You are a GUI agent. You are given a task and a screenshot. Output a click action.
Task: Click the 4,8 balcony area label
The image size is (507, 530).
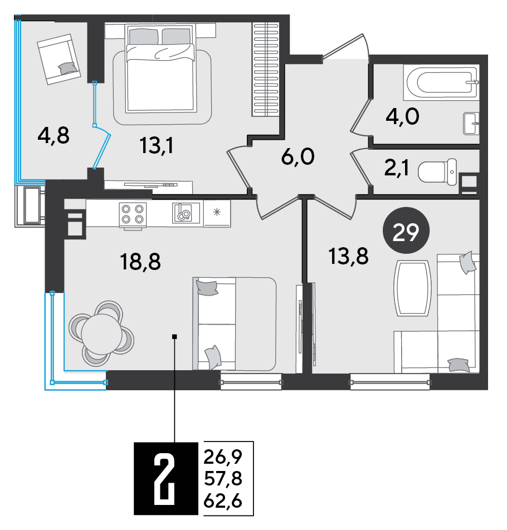(x=53, y=135)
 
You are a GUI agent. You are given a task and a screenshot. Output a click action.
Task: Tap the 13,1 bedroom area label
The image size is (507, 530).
(x=157, y=146)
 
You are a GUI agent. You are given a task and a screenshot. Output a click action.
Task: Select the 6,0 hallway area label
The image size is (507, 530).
(x=298, y=157)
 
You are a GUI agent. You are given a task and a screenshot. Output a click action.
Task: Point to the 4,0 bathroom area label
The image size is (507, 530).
(x=402, y=117)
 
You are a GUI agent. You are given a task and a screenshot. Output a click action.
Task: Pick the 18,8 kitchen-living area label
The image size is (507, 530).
(x=140, y=262)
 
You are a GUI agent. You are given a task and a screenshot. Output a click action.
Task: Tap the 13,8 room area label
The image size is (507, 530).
(x=348, y=256)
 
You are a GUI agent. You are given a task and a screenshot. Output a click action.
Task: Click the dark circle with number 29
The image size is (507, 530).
(x=406, y=230)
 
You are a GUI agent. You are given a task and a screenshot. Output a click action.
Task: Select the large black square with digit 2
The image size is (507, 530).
(x=165, y=478)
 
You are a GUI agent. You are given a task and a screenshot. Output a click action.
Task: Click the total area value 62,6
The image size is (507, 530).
(x=223, y=500)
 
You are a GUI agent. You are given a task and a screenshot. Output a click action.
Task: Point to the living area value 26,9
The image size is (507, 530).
(x=223, y=457)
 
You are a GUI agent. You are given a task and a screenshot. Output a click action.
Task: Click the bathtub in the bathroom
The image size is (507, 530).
(x=441, y=82)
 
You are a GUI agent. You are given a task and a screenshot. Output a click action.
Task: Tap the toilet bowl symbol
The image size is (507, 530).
(x=437, y=172)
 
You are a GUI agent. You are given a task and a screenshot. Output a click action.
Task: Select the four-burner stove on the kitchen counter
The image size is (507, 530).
(x=133, y=214)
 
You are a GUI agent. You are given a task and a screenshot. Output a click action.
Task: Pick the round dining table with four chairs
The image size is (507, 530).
(x=101, y=333)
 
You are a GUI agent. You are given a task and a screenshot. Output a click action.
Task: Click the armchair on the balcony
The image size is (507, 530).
(x=59, y=59)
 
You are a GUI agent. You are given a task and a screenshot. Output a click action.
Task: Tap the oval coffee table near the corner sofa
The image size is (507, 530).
(x=412, y=288)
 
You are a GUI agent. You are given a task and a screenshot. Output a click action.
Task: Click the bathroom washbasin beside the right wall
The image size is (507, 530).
(x=471, y=124)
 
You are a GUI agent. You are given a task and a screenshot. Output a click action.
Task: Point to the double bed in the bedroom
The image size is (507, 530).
(x=160, y=68)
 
